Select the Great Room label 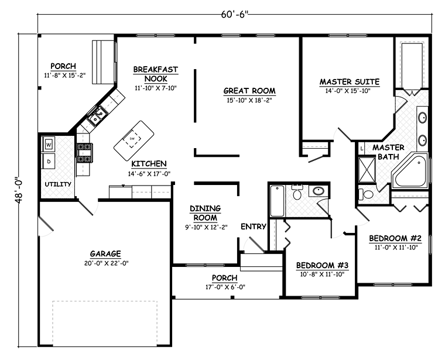pyautogui.click(x=249, y=91)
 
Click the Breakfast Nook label pyautogui.click(x=156, y=74)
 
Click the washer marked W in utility pyautogui.click(x=49, y=143)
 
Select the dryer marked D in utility pyautogui.click(x=49, y=160)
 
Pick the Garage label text pyautogui.click(x=105, y=253)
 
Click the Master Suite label pyautogui.click(x=349, y=82)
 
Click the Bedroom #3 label pyautogui.click(x=322, y=265)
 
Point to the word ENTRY pyautogui.click(x=254, y=227)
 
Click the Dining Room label pyautogui.click(x=204, y=212)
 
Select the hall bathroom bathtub pyautogui.click(x=278, y=202)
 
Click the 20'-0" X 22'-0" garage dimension pyautogui.click(x=105, y=263)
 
